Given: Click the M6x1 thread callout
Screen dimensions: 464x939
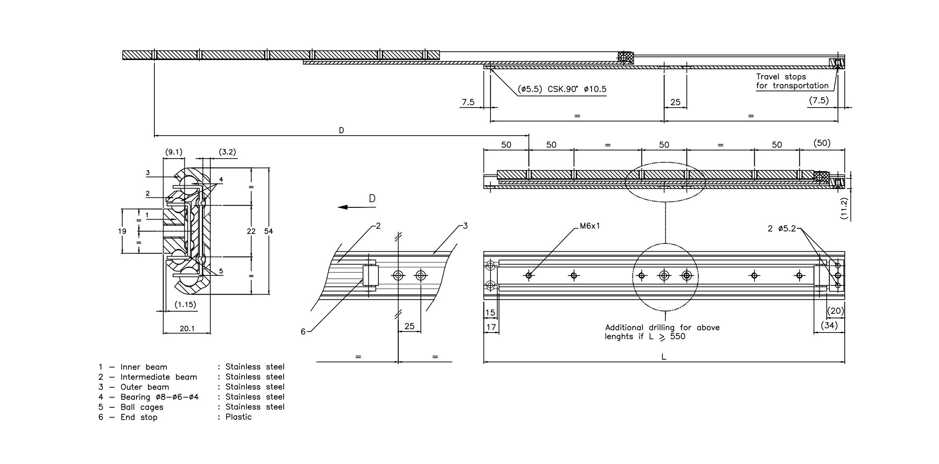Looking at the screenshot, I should pos(590,226).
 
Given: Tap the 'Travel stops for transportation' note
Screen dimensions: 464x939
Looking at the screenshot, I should pos(792,81).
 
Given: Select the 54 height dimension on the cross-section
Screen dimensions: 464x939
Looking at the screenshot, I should pos(269,231).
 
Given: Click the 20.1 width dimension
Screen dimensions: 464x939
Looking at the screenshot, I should pos(187,329).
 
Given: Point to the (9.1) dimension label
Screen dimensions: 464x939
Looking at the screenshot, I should pos(174,152).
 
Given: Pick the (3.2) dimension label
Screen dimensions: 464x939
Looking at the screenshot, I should pos(228,152).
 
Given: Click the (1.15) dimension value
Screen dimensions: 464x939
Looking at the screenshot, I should pos(185,305).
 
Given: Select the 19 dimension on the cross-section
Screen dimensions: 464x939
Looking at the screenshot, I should pos(122,231).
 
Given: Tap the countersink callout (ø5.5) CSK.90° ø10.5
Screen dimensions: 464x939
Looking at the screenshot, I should pos(562,89).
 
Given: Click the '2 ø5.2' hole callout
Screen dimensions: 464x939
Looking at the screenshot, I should pos(782,229).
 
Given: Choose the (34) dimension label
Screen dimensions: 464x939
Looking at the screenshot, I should pos(829,325).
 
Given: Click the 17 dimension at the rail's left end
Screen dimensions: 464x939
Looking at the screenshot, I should pos(491,327).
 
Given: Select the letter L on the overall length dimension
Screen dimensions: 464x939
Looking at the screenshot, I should pos(664,357).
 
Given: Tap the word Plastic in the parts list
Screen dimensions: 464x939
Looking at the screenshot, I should pos(239,417).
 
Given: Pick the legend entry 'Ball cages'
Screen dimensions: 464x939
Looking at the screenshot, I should pos(142,407).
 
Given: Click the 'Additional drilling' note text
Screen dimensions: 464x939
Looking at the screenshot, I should pos(662,332).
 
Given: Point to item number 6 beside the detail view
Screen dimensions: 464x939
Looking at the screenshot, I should pos(303,332).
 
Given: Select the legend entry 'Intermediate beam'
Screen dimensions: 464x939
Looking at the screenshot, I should pos(159,377).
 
